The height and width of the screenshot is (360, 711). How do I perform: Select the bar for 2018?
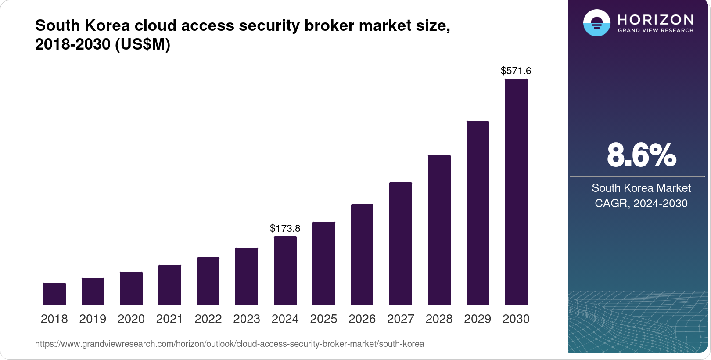pos(54,294)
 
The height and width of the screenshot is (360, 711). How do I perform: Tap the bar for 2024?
pos(285,270)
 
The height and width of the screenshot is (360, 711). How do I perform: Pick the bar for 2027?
pos(401,243)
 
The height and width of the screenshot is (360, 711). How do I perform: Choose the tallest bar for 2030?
pos(516,191)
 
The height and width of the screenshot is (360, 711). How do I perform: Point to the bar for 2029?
pos(478,212)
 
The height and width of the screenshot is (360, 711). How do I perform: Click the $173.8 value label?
pos(285,228)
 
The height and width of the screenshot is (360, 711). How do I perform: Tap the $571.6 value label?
pos(516,71)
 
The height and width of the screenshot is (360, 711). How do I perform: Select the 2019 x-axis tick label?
pos(93,319)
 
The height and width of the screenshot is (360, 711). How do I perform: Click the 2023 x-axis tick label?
pos(247,319)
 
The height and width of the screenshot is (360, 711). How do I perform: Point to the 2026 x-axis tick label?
pos(362,319)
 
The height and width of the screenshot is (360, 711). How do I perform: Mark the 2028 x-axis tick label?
pos(439,319)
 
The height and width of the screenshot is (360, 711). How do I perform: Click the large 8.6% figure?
pos(641,155)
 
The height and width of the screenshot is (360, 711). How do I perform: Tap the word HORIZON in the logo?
pos(656,19)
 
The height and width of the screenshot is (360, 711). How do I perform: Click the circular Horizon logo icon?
pos(597,23)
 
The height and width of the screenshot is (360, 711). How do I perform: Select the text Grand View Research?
pos(656,31)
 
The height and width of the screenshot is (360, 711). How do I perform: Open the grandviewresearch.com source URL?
pos(230,344)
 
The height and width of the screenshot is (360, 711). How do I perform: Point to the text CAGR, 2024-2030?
pos(641,203)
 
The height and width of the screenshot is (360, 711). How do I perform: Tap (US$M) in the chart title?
pos(143,44)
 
